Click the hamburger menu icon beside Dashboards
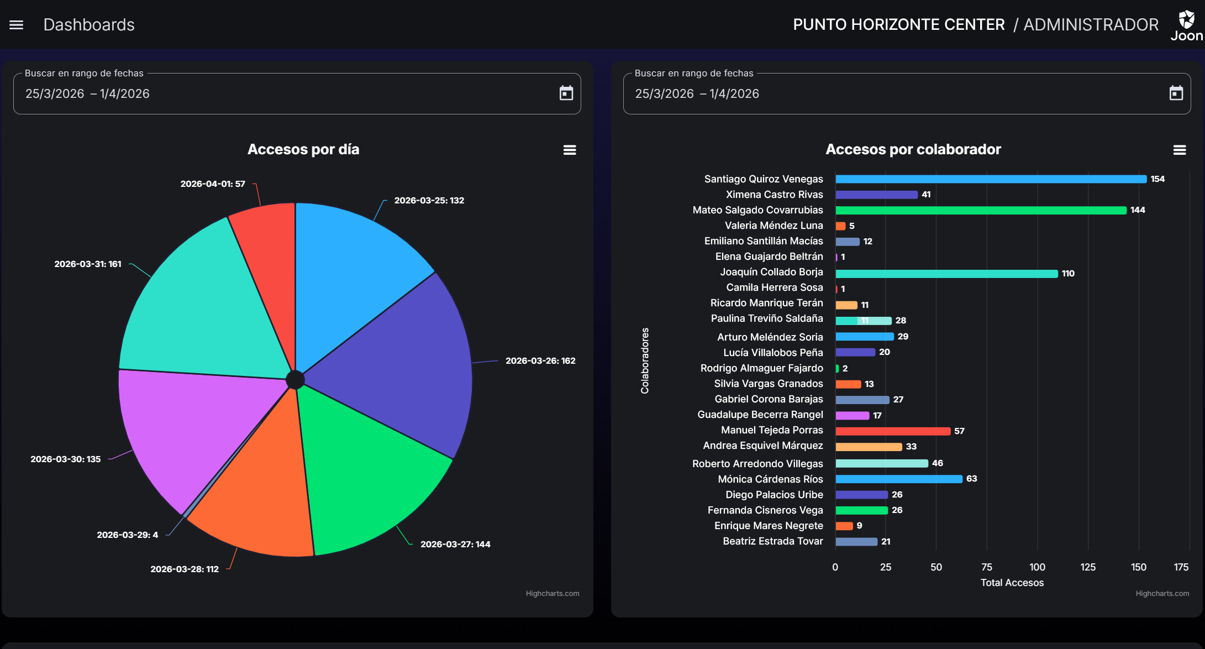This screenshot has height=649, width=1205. click(16, 25)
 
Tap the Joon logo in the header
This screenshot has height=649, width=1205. click(1186, 25)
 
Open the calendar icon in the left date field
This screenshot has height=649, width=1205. click(566, 93)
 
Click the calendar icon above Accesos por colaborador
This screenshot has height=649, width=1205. click(1176, 93)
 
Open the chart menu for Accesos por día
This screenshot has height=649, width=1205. click(570, 150)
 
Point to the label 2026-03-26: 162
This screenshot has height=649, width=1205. click(540, 361)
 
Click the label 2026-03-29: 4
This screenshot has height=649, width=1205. click(127, 535)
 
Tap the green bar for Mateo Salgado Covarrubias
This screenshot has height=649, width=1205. click(981, 210)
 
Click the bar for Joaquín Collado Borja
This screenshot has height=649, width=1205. click(946, 274)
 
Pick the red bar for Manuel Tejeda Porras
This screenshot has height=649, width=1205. click(892, 431)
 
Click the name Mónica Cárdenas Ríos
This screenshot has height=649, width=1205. click(770, 479)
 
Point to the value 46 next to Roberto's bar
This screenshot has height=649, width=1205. click(937, 463)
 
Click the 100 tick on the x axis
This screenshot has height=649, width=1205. click(1037, 567)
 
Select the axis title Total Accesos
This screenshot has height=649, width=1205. click(1012, 583)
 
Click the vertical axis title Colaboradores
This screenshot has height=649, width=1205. click(645, 360)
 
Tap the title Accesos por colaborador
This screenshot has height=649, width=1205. click(913, 149)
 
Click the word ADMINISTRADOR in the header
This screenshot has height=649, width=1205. click(1091, 25)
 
